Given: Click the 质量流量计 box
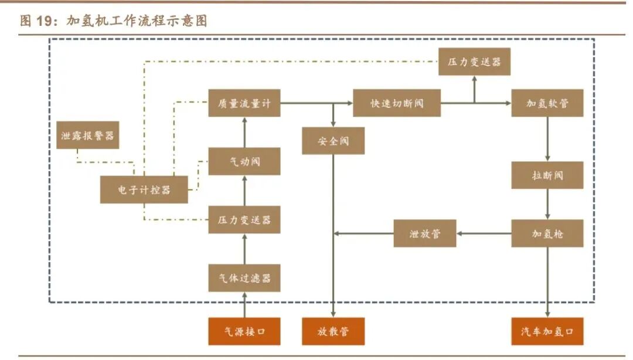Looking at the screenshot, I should point(244,103).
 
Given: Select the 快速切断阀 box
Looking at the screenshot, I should point(397,103).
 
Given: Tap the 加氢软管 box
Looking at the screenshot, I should point(547,103).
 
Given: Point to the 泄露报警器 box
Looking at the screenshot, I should point(87,135).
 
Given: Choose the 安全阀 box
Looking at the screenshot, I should point(333,141).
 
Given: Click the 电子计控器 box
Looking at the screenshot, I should point(144,189).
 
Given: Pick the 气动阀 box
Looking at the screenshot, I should point(244,161).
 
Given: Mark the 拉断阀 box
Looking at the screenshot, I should point(547,175).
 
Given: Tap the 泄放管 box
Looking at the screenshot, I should point(424,233).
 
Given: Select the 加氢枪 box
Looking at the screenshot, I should point(547,233).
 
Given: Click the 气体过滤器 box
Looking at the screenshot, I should point(244,278).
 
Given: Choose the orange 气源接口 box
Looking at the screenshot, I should point(244,331).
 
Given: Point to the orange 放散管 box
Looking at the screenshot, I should point(333,331).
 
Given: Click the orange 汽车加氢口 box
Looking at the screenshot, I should point(547,331).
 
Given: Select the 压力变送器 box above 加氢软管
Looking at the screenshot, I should point(474,62).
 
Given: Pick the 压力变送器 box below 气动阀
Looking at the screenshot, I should point(244,220).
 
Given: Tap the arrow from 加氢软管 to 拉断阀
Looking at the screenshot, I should point(547,139).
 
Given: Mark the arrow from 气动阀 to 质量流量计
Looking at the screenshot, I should point(244,132).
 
